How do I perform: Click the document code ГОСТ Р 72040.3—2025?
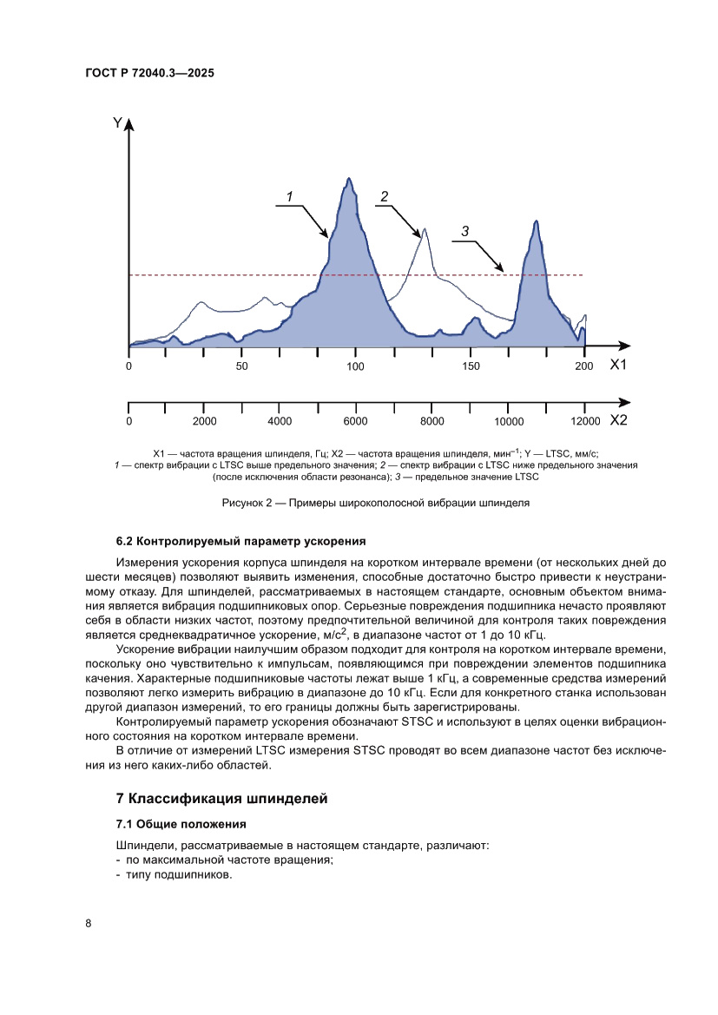click(x=150, y=74)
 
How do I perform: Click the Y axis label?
click(x=117, y=123)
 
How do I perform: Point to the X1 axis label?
click(x=617, y=366)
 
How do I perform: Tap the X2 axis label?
click(x=617, y=420)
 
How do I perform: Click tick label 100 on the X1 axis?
click(x=356, y=366)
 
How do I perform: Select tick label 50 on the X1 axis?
click(x=242, y=366)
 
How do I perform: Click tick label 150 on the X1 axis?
click(x=471, y=366)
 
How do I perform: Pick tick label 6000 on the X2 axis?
click(x=356, y=421)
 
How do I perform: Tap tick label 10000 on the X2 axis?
click(x=508, y=421)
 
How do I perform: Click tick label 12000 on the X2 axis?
click(x=584, y=421)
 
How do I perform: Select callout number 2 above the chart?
click(x=383, y=196)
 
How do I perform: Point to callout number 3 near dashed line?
click(x=465, y=231)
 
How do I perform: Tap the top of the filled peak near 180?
click(x=537, y=221)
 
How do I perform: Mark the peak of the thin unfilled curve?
click(x=424, y=230)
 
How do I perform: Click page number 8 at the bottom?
click(x=89, y=922)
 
